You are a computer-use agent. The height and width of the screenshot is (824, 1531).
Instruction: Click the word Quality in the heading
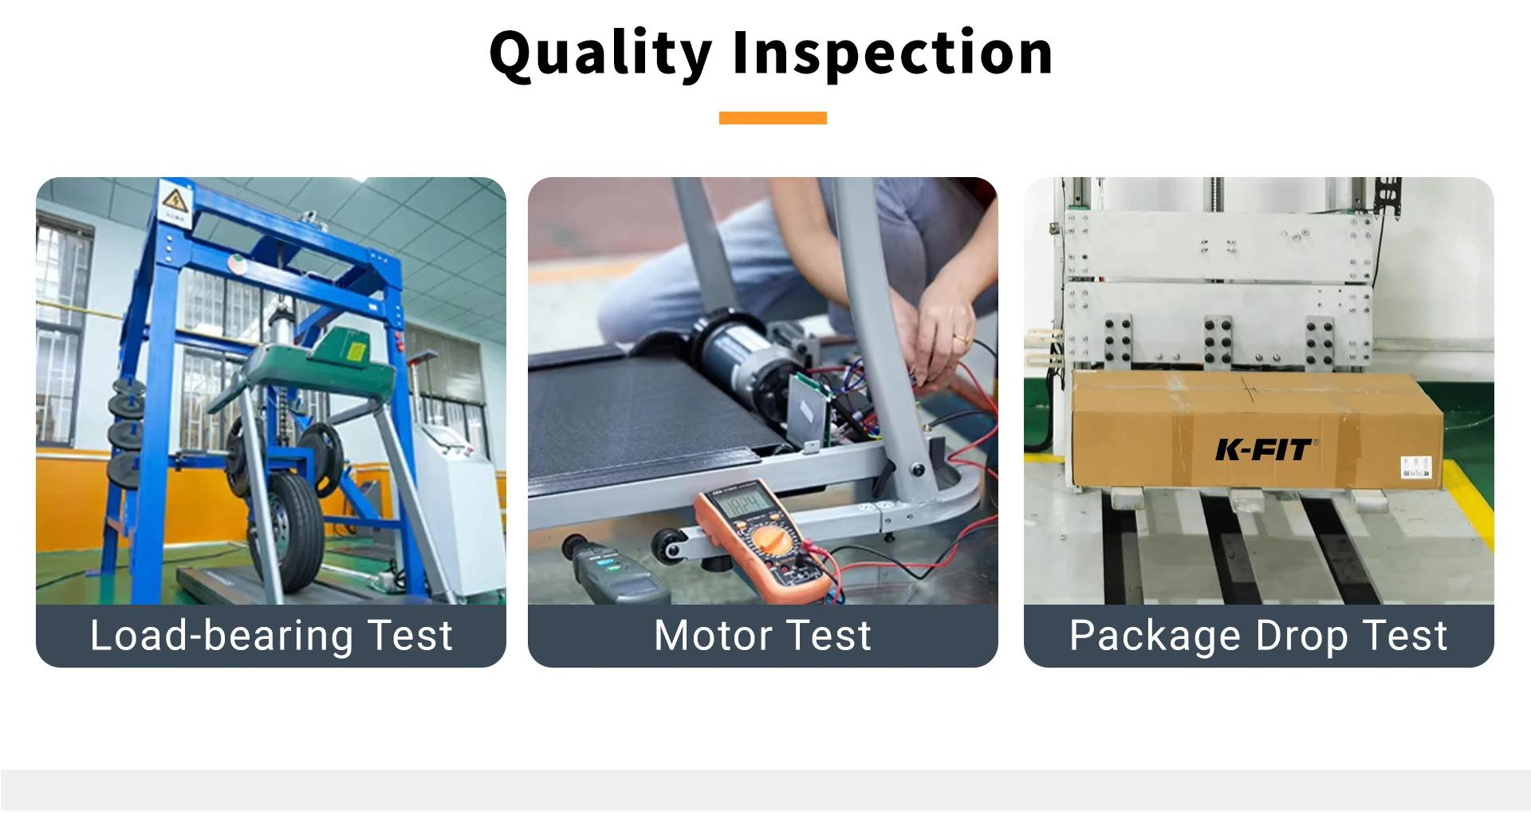click(600, 54)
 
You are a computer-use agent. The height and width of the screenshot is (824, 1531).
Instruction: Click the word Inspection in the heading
click(893, 54)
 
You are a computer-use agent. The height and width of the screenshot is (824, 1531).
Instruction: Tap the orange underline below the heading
click(773, 118)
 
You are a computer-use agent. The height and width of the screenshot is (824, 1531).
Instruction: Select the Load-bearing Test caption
click(271, 636)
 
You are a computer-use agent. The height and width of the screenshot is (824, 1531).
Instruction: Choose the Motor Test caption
click(763, 636)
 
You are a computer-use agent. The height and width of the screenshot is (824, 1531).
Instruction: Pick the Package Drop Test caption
click(1258, 636)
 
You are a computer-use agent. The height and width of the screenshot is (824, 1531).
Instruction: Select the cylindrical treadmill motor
click(738, 356)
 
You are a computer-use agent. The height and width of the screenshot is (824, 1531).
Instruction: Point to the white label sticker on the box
click(1416, 467)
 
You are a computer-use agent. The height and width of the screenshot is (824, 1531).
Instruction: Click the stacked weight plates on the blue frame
click(128, 431)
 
